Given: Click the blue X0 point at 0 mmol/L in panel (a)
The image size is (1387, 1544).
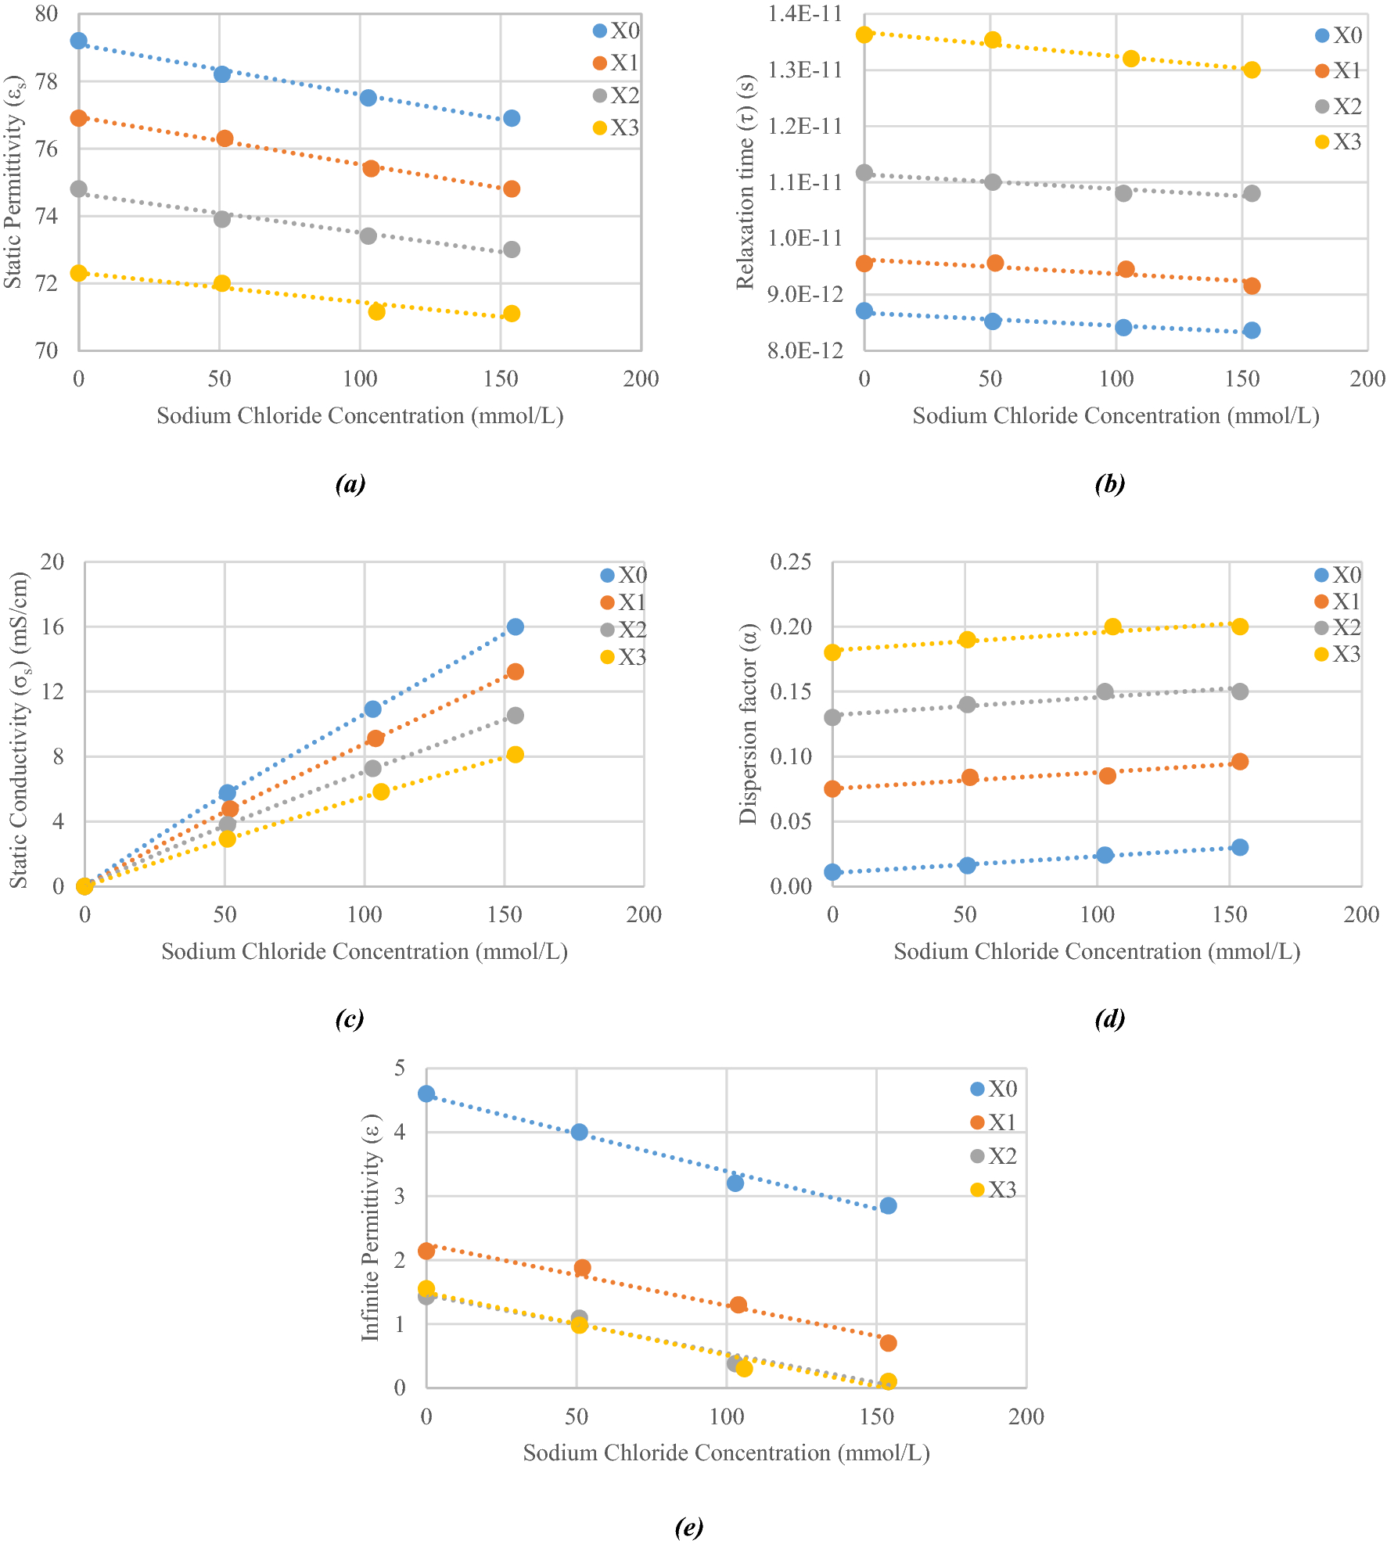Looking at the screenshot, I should pyautogui.click(x=78, y=41).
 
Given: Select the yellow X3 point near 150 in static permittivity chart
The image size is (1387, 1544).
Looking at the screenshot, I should pyautogui.click(x=512, y=314).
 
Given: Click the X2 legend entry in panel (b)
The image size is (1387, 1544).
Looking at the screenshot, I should pyautogui.click(x=1339, y=106).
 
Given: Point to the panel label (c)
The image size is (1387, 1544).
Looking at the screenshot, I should pyautogui.click(x=349, y=1018).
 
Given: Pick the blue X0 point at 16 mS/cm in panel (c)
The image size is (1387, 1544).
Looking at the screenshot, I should pyautogui.click(x=515, y=627).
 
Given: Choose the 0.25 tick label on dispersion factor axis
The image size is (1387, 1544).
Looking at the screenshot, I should pyautogui.click(x=790, y=562).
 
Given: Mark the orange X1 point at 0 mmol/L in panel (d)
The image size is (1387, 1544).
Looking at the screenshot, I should pyautogui.click(x=832, y=788).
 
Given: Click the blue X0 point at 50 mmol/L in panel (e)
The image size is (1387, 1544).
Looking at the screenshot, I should pyautogui.click(x=579, y=1132).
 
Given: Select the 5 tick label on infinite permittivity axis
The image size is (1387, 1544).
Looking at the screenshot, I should pyautogui.click(x=400, y=1067).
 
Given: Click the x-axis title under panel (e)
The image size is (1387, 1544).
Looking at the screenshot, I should pyautogui.click(x=726, y=1452).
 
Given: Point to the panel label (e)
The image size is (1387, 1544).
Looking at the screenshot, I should pyautogui.click(x=688, y=1526).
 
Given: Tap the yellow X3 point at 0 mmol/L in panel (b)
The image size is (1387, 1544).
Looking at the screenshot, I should pyautogui.click(x=864, y=34).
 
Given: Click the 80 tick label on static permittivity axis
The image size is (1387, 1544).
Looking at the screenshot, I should pyautogui.click(x=47, y=13).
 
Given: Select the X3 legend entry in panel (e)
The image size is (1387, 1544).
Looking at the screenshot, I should pyautogui.click(x=993, y=1190).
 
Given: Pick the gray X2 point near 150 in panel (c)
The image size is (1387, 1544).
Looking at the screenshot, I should pyautogui.click(x=515, y=715).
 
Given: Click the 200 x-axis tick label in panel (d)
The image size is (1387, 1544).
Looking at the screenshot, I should pyautogui.click(x=1361, y=914).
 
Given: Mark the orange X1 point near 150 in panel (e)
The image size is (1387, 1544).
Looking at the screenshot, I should pyautogui.click(x=888, y=1343).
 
